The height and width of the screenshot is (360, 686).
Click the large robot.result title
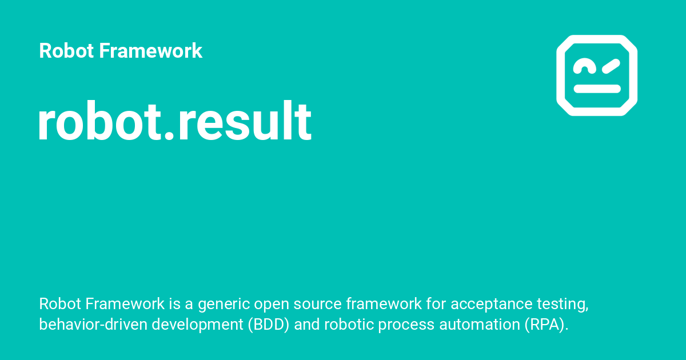coord(175,122)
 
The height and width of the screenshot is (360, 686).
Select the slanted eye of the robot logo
coord(611,66)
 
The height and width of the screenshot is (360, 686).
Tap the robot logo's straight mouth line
coord(597,89)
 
